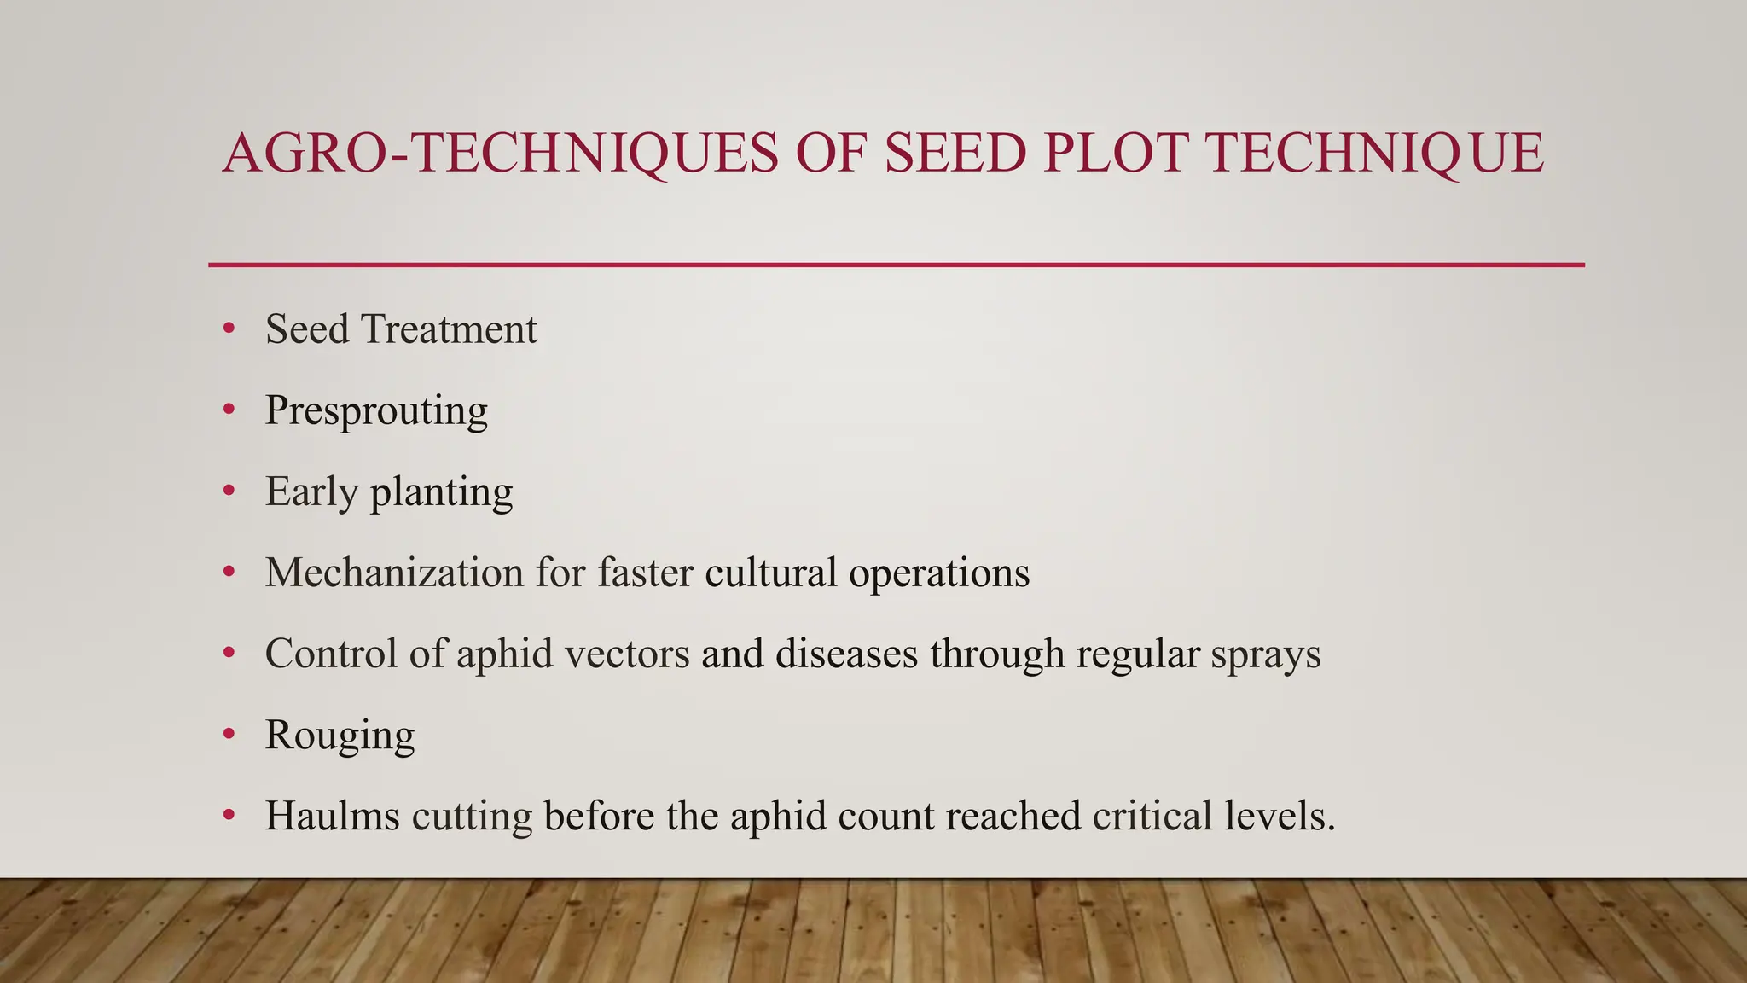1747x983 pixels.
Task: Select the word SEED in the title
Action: click(955, 154)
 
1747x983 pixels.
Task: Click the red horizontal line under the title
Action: click(896, 265)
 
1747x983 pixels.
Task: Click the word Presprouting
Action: click(376, 410)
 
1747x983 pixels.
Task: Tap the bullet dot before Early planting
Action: click(229, 491)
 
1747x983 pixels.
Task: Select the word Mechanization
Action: click(394, 572)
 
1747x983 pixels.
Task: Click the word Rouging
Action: click(340, 736)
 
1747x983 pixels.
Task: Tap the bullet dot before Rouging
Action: click(229, 734)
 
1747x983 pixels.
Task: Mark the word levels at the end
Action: click(1280, 816)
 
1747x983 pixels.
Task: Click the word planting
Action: click(441, 492)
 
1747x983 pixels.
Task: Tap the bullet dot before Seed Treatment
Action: click(229, 329)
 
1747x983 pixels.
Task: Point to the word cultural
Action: click(771, 572)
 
